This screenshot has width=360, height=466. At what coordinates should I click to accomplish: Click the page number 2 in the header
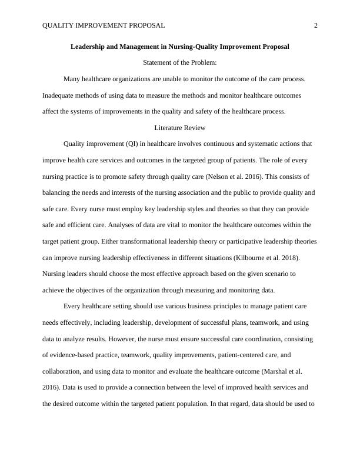(316, 25)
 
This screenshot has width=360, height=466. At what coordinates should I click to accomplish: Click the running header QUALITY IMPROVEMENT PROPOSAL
(104, 25)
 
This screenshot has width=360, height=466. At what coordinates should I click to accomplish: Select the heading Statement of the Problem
(179, 62)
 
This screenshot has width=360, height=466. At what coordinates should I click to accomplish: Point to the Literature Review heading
(179, 127)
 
